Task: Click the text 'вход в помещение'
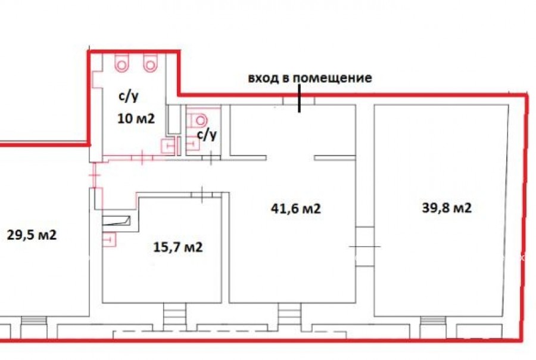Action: (x=310, y=77)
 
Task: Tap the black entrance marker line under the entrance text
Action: (x=300, y=98)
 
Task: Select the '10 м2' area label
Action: (x=136, y=119)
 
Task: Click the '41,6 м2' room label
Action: (x=295, y=209)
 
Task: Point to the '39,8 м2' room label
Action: (x=447, y=208)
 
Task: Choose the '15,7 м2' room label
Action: (x=177, y=247)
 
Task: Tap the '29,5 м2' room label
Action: (x=32, y=235)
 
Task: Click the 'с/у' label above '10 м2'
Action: (x=129, y=97)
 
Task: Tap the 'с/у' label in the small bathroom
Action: (x=207, y=135)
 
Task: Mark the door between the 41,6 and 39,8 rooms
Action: (x=364, y=246)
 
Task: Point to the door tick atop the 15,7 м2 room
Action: (x=202, y=194)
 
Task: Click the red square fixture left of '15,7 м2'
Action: (x=109, y=240)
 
